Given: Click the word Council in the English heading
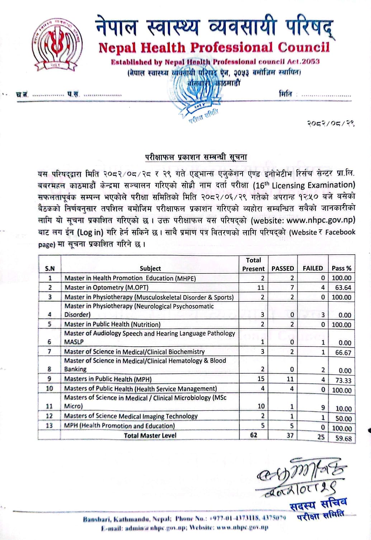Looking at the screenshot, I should click(303, 47).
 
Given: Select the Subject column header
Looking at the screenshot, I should click(150, 268).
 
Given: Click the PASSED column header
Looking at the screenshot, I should click(283, 268).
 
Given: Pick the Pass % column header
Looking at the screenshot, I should click(341, 268).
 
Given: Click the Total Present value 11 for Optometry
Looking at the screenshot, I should click(260, 287).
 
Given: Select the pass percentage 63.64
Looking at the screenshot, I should click(343, 288).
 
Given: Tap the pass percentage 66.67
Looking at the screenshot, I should click(343, 353).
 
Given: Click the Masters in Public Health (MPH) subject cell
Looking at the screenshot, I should click(108, 379).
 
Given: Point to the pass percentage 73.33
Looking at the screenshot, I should click(343, 381).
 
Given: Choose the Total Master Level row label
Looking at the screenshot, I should click(150, 435).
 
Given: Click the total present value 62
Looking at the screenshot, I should click(254, 435).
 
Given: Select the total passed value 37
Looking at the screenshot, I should click(290, 436).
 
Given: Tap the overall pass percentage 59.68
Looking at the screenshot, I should click(343, 438).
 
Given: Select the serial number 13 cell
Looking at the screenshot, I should click(50, 426).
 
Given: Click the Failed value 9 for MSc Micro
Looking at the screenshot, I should click(323, 407).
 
